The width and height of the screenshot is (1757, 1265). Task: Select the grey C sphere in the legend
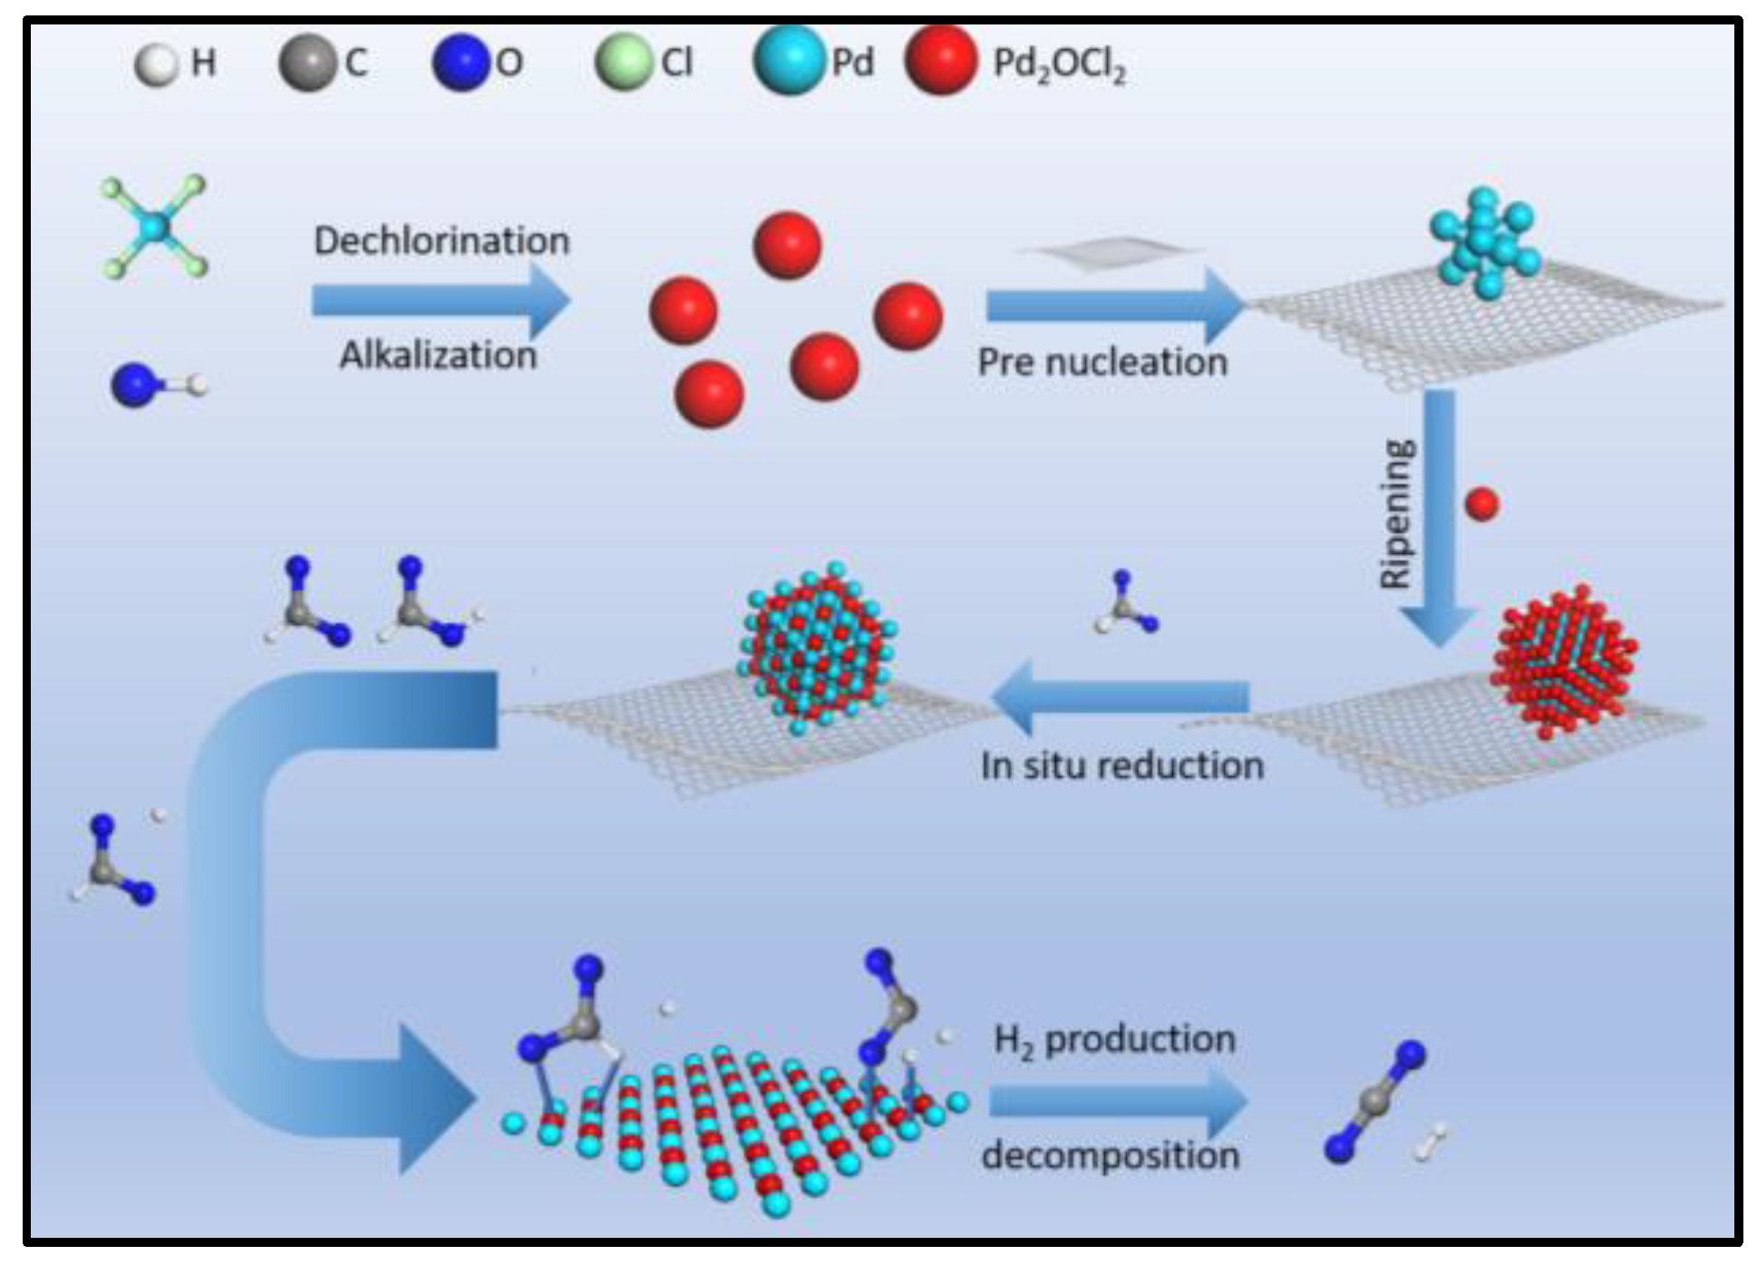[x=307, y=63]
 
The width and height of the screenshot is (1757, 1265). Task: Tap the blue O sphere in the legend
[x=461, y=63]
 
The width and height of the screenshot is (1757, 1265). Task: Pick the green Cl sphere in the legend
[x=624, y=63]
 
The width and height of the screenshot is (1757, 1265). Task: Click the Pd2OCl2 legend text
[x=1059, y=64]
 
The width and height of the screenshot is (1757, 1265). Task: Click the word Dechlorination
[x=442, y=241]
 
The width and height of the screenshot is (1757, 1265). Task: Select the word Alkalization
[x=438, y=355]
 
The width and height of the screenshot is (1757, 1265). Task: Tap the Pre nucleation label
[x=1102, y=363]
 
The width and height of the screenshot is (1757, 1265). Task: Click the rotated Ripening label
[x=1397, y=514]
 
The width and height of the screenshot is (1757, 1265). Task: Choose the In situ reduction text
[x=1122, y=766]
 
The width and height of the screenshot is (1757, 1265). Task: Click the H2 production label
[x=1114, y=1040]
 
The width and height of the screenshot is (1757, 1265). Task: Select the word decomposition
[x=1111, y=1156]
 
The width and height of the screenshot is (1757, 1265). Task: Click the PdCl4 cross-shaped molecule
[x=155, y=227]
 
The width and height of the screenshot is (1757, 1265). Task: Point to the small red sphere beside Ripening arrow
[x=1481, y=503]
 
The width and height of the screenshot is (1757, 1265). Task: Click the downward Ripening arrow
[x=1440, y=517]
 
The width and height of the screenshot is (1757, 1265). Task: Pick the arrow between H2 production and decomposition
[x=1117, y=1100]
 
